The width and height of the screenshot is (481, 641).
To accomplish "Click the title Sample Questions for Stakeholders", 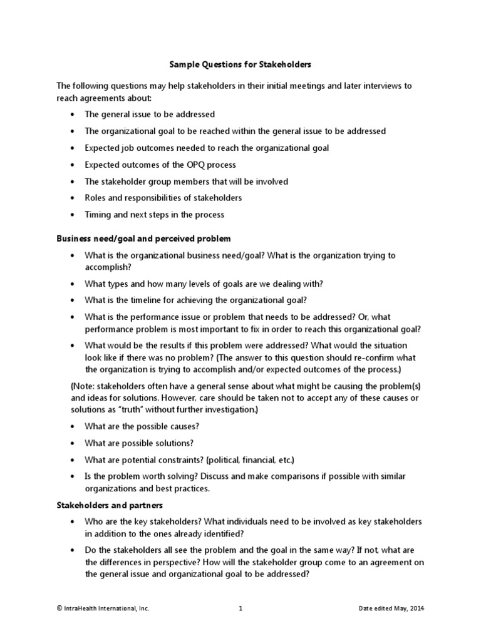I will (241, 64).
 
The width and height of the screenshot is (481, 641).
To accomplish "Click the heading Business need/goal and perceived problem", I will (143, 238).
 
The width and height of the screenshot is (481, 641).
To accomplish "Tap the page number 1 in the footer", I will (240, 608).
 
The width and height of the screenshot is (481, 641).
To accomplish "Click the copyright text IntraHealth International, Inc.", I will (106, 608).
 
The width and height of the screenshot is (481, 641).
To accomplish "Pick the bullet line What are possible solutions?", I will (139, 443).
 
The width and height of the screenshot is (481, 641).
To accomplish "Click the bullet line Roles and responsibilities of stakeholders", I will (163, 198).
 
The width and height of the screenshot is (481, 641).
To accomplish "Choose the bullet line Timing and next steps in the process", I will (154, 215).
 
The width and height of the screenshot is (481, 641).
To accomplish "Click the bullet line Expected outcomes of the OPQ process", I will (160, 165).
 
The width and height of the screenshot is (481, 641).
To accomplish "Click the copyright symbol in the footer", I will (59, 608).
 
